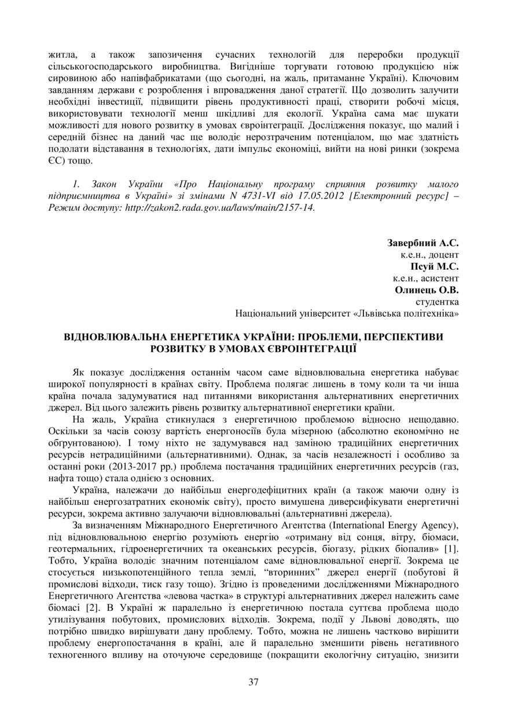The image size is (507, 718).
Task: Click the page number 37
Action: coord(253,682)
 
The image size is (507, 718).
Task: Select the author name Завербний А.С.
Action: coord(423,243)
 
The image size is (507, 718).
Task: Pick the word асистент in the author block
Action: coord(442,279)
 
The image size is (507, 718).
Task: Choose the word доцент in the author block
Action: coord(444,255)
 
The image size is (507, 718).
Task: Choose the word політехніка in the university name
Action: coord(429,313)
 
